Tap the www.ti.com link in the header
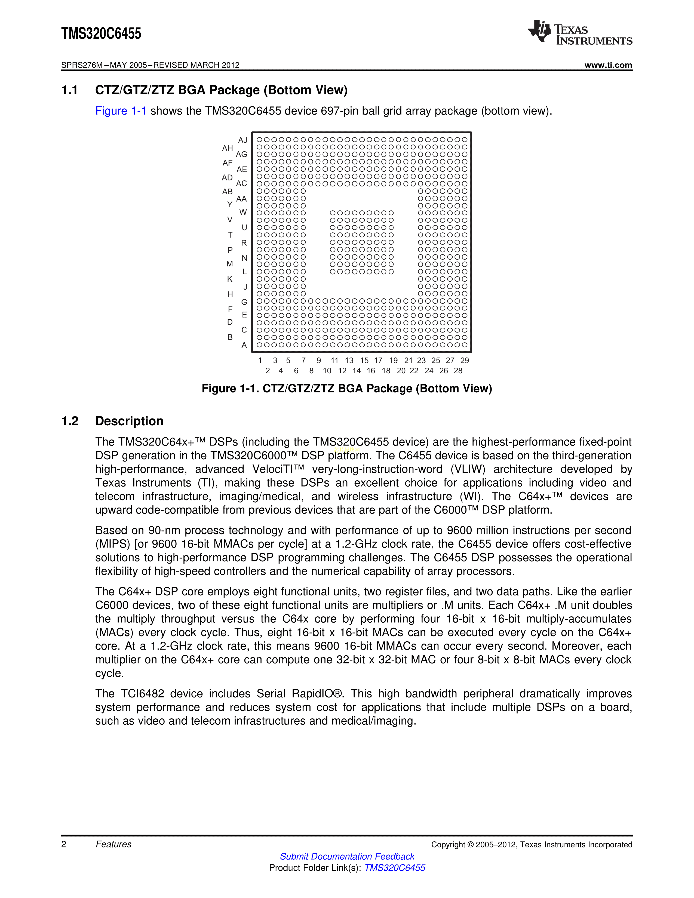608,65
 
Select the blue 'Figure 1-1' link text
121,111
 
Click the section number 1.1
69,90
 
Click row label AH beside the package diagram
227,148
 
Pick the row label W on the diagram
243,213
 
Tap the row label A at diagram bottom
244,345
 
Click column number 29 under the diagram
465,361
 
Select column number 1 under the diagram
260,361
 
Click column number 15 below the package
364,361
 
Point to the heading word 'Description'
129,421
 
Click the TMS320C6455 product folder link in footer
395,868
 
